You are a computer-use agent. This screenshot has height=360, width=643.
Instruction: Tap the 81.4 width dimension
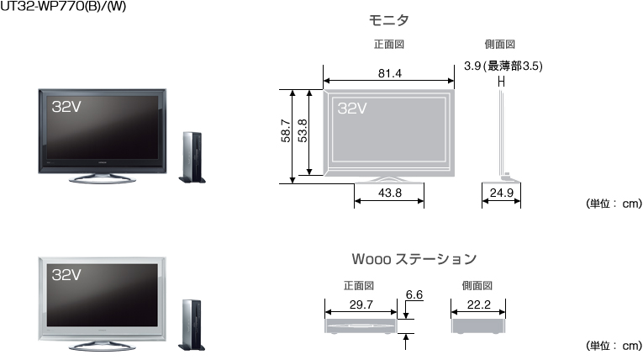389,74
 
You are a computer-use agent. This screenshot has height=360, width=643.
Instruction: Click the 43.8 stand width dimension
389,193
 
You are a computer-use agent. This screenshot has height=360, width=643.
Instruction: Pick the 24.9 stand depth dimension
500,193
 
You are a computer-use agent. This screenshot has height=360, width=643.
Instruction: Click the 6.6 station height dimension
414,295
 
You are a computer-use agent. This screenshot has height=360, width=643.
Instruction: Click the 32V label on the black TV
66,106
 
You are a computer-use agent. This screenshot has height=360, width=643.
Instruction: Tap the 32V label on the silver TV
66,274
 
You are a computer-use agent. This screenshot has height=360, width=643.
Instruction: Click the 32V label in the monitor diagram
352,108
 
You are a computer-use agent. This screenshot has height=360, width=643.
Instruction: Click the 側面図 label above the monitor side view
500,44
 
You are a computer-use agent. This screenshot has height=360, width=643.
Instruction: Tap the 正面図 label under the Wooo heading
359,286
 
